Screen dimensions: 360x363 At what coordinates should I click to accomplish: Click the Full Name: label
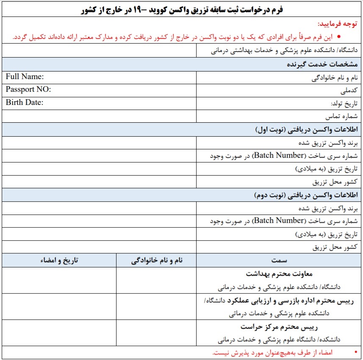(25, 77)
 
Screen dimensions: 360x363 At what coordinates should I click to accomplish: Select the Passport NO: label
(28, 90)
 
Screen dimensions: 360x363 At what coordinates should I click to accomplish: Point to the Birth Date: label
(25, 102)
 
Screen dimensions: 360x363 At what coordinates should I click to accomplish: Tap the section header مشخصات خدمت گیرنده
(323, 64)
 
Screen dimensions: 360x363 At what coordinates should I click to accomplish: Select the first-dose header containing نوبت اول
(307, 129)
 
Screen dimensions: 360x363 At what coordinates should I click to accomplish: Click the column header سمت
(279, 260)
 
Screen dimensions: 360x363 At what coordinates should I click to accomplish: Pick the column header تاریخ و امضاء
(59, 260)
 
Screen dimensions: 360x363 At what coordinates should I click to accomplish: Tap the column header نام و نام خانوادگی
(157, 260)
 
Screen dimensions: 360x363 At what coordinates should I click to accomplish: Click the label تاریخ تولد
(344, 103)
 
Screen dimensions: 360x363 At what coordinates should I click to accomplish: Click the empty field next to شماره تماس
(99, 116)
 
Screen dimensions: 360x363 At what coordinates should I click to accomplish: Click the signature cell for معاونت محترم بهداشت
(59, 280)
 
